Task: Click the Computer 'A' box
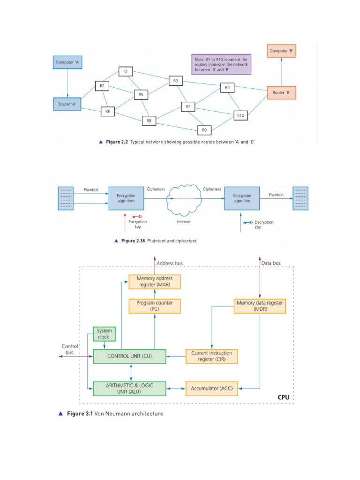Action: tap(67, 62)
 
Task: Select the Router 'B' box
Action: tap(281, 92)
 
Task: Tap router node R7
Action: tap(187, 107)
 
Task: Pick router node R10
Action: tap(240, 115)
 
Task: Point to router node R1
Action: tap(126, 71)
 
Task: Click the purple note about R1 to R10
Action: tap(221, 63)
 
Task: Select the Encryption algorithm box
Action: tap(126, 198)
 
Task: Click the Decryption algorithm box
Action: tap(242, 198)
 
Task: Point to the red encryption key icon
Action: tap(137, 217)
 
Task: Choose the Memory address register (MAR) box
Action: tap(155, 281)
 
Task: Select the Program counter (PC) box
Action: tap(155, 306)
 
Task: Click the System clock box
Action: tap(105, 334)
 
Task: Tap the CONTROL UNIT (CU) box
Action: tap(130, 356)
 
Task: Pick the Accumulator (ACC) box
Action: tap(212, 388)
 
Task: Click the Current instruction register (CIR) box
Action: tap(212, 356)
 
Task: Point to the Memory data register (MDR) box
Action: tap(260, 306)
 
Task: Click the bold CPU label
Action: tap(283, 397)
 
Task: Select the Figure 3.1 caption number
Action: tap(80, 414)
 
